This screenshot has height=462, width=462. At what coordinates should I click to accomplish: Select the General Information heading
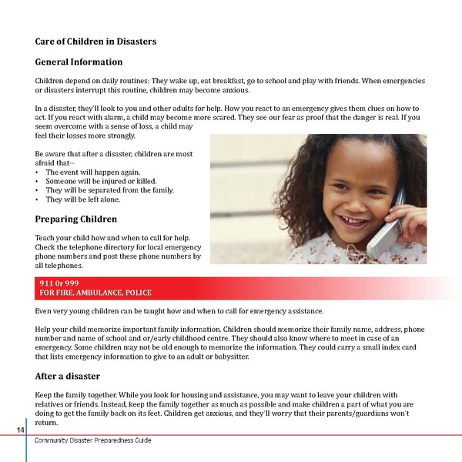coord(79,62)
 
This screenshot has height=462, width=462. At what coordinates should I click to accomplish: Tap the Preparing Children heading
coord(76,219)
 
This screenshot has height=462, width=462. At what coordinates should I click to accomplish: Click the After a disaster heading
coord(68,376)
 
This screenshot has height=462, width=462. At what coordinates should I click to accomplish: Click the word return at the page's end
coord(47,423)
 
